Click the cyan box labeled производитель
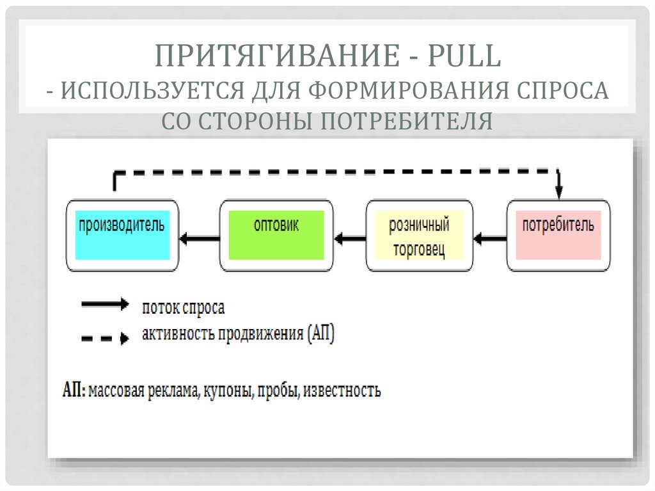pos(122,235)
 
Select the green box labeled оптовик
pos(276,235)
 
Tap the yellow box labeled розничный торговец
pos(419,236)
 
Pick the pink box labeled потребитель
pos(558,235)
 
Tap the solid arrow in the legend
pos(105,305)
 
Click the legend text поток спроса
pos(183,308)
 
